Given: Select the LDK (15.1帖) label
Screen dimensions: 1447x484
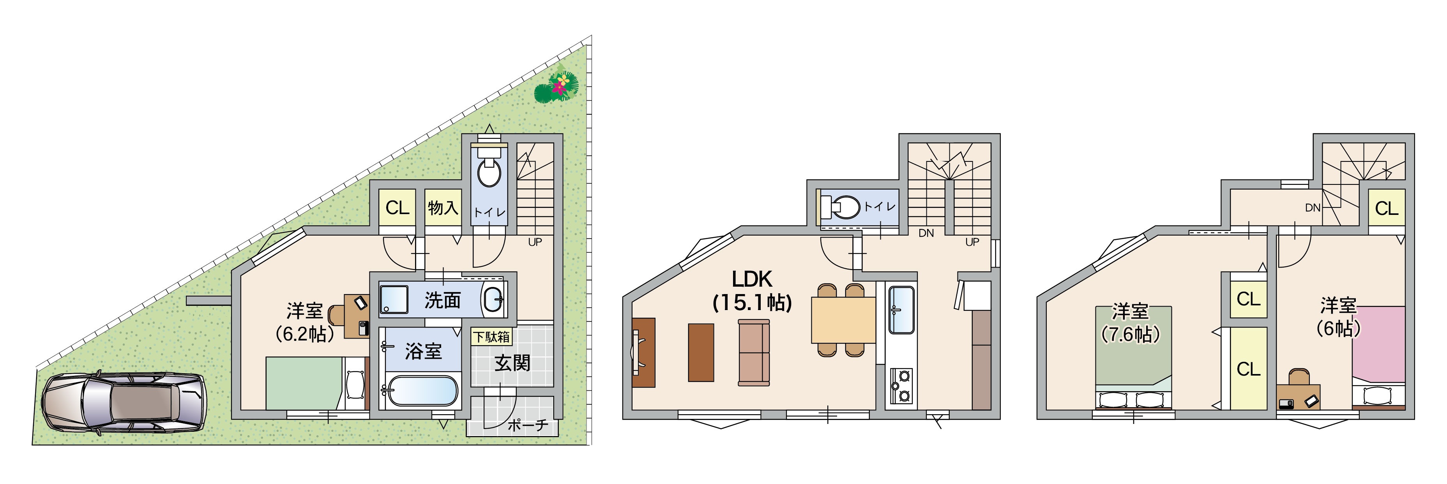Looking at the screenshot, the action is pyautogui.click(x=752, y=291).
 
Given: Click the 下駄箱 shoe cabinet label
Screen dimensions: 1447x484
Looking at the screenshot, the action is pyautogui.click(x=491, y=337).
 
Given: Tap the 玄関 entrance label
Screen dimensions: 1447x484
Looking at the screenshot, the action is pyautogui.click(x=512, y=363).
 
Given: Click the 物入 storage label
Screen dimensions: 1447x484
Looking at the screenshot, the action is pyautogui.click(x=443, y=207).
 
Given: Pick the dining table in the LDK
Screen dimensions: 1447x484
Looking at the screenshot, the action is pyautogui.click(x=843, y=320).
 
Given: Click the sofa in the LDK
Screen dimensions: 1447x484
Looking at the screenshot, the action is pyautogui.click(x=754, y=353).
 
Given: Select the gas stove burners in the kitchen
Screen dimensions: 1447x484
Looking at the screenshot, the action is pyautogui.click(x=901, y=386).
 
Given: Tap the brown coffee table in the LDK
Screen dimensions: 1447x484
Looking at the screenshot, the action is pyautogui.click(x=701, y=353).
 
